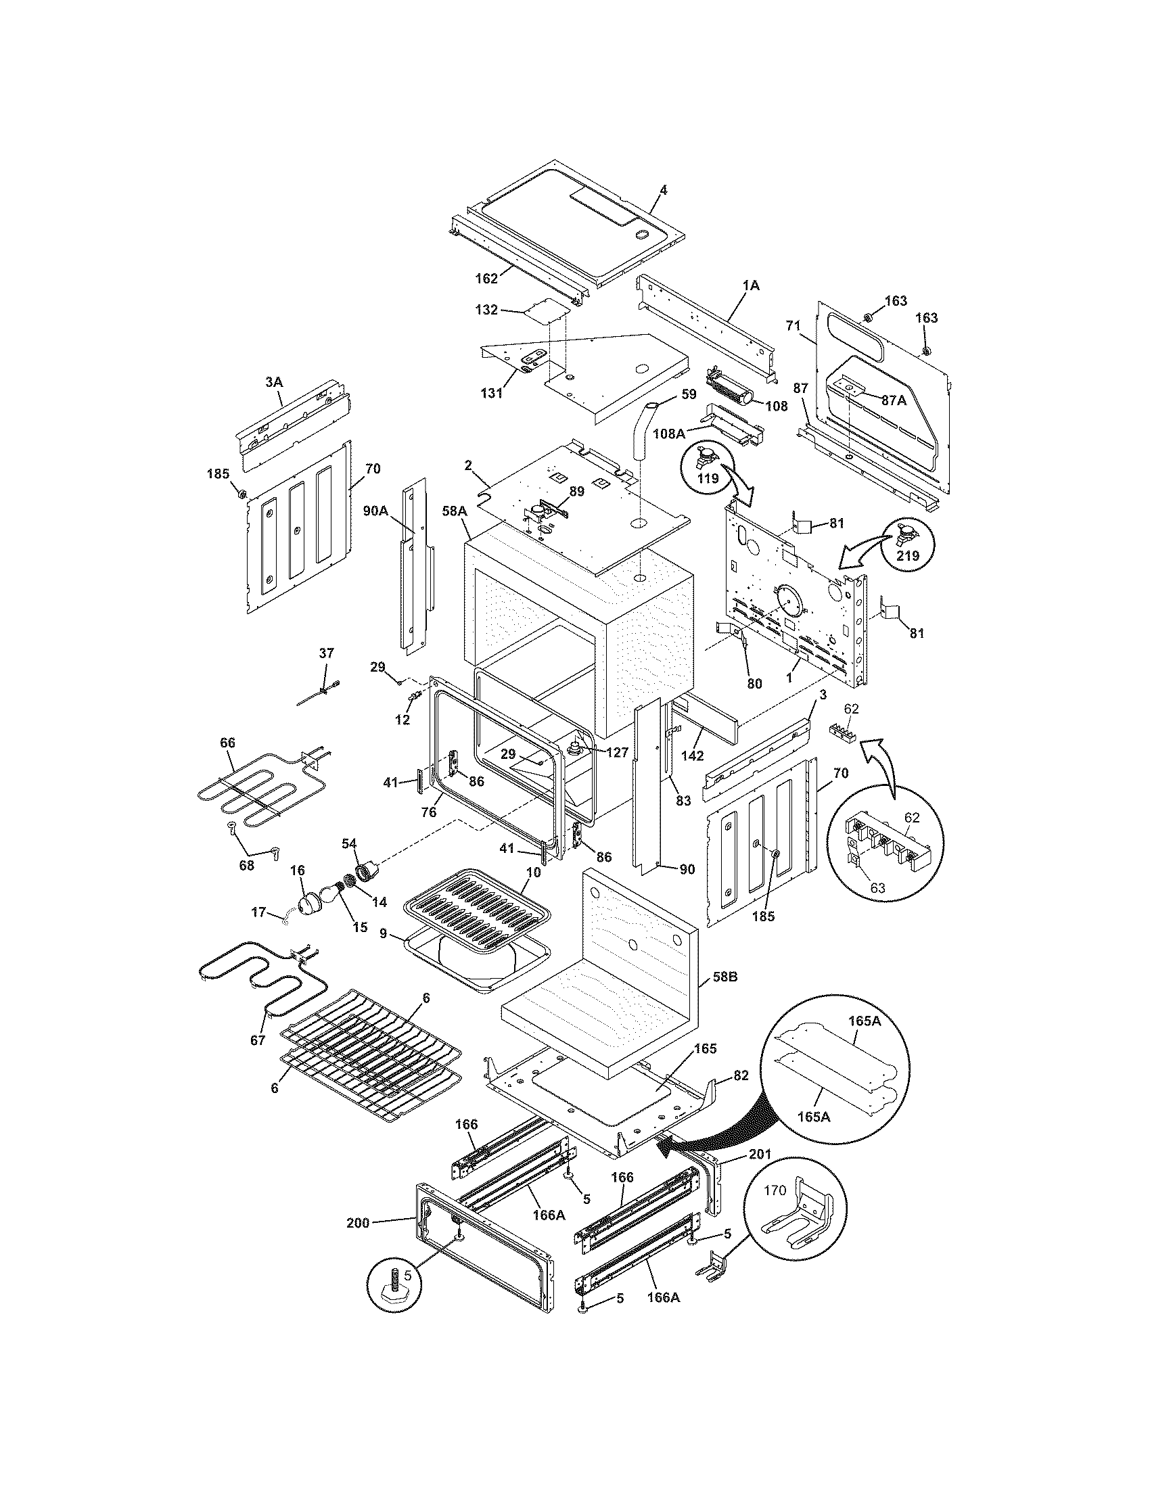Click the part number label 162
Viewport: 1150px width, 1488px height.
point(487,278)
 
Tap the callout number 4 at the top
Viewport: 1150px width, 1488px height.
point(663,190)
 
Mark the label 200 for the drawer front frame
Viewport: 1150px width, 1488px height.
point(357,1222)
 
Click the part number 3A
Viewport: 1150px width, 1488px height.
point(274,382)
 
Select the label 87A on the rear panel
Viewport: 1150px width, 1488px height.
point(894,400)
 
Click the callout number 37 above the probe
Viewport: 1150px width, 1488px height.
point(326,653)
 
